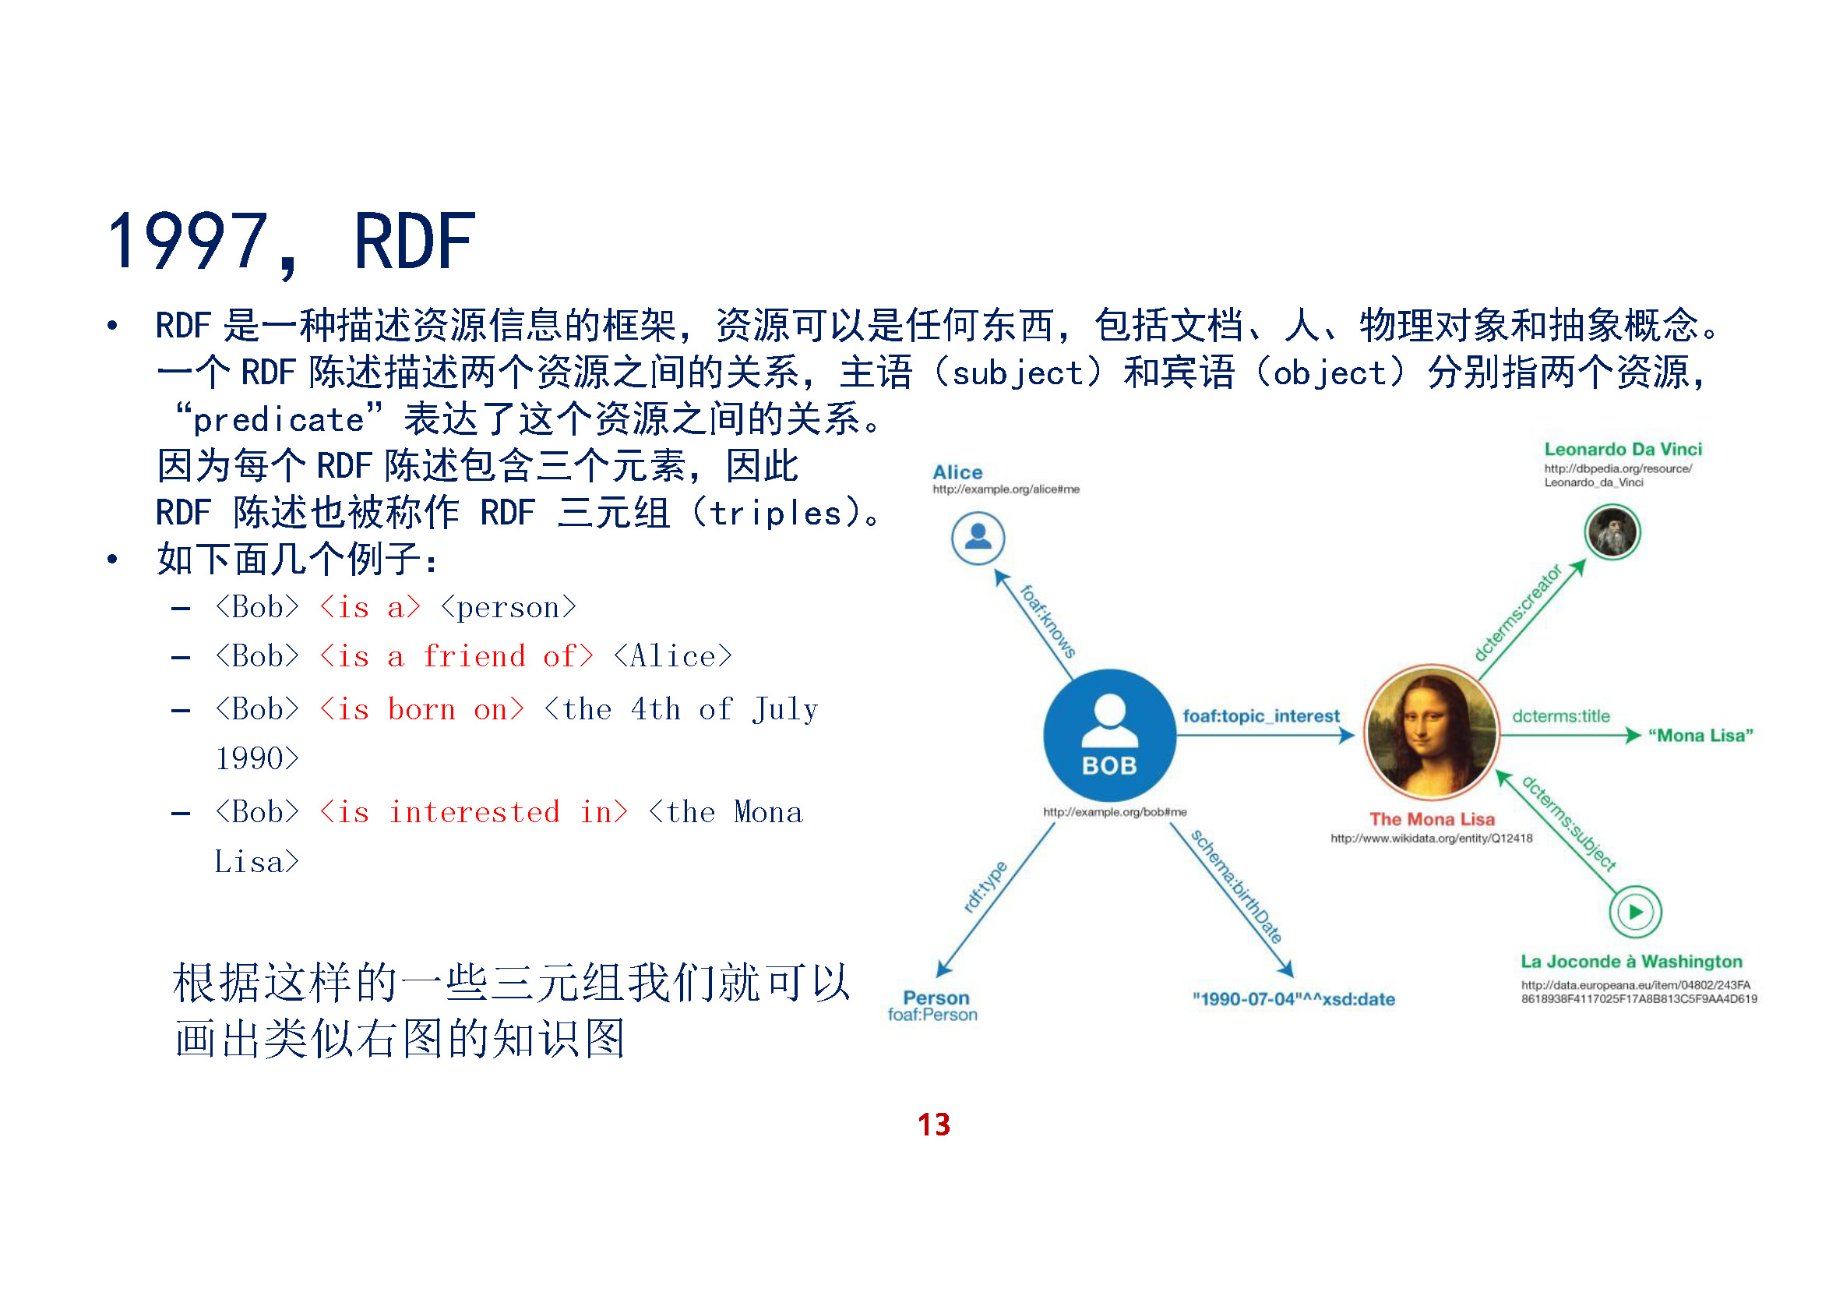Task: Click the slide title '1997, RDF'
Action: (x=291, y=242)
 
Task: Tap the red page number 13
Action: (x=933, y=1125)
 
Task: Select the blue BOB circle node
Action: (x=1108, y=736)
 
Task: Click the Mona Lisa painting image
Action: (x=1431, y=733)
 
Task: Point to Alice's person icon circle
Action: (x=978, y=539)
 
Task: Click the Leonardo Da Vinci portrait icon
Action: (x=1612, y=531)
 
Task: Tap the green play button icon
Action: (x=1635, y=912)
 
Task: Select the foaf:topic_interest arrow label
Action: (x=1260, y=716)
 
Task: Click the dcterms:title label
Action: (x=1560, y=716)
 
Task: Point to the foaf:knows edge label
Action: (x=1048, y=621)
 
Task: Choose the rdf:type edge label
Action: (x=985, y=887)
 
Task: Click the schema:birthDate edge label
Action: (x=1235, y=886)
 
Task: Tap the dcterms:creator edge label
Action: (x=1517, y=613)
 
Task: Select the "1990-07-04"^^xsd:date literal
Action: (x=1293, y=999)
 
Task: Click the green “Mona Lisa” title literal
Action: (x=1700, y=736)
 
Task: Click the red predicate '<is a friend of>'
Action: (x=456, y=657)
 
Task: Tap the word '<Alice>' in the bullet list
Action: (x=673, y=657)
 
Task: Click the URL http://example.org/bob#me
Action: (x=1114, y=812)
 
